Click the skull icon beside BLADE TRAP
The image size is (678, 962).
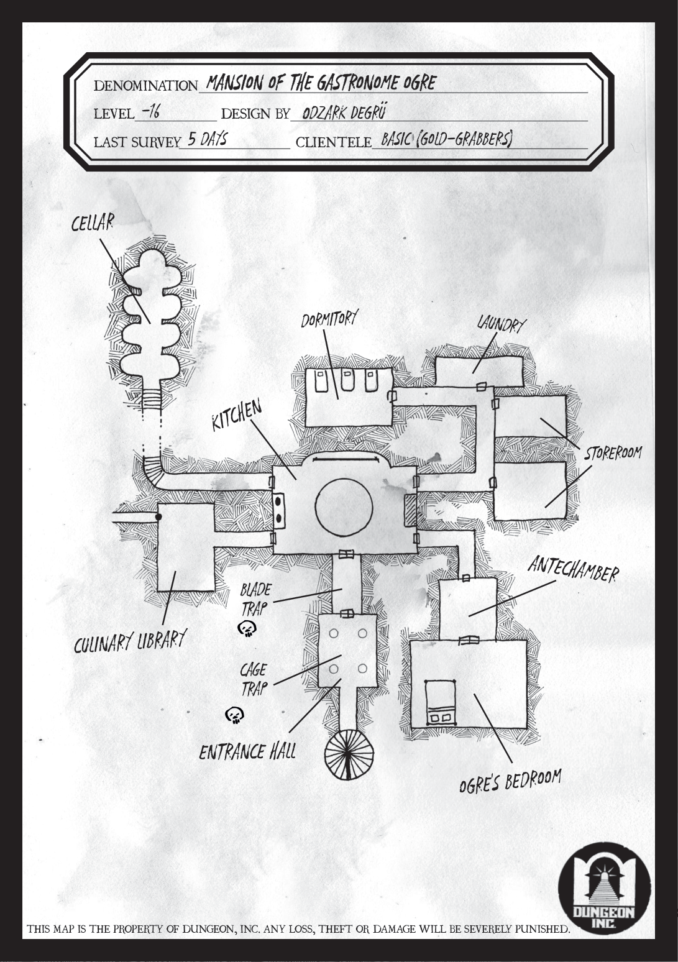tap(247, 629)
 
